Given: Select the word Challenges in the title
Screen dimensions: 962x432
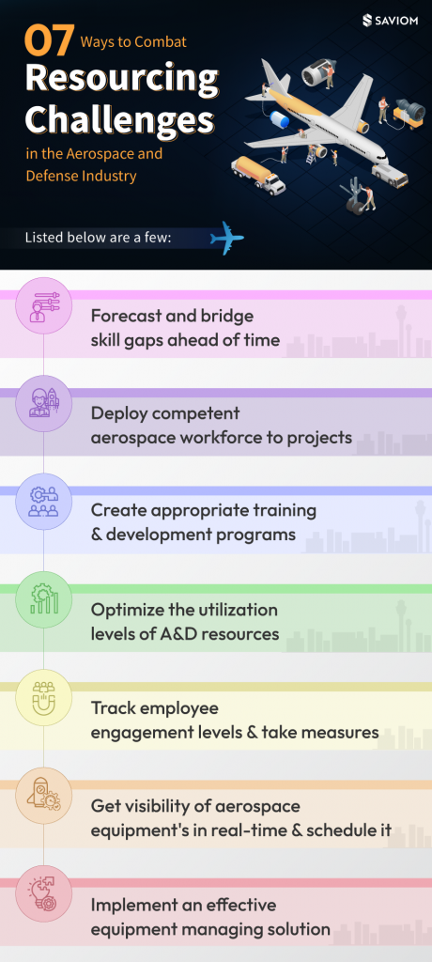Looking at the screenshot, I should [118, 119].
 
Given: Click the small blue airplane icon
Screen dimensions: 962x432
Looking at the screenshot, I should [226, 238].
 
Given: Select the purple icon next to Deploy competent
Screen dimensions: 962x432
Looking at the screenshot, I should [44, 402].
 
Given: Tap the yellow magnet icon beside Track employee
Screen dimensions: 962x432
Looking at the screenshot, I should [44, 696].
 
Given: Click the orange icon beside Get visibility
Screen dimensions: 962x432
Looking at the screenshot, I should [44, 794].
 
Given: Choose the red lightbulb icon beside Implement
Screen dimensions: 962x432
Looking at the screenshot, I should [44, 892].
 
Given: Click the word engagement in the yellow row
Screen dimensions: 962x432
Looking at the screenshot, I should [147, 733].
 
